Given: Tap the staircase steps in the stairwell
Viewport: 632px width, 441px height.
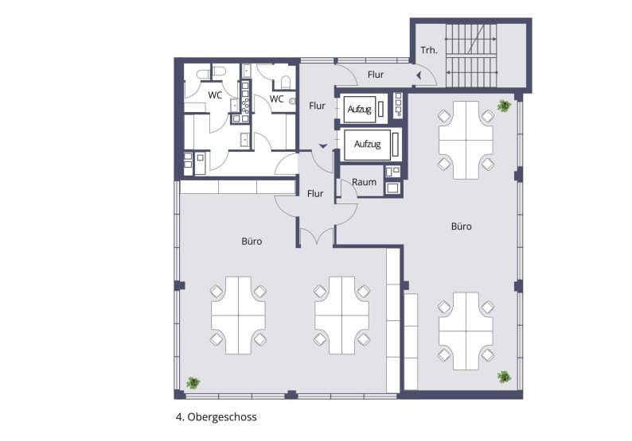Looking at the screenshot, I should tap(474, 54).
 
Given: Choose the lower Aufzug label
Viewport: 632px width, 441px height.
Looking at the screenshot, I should tap(367, 145).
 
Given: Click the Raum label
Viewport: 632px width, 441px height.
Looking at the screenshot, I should tap(364, 182).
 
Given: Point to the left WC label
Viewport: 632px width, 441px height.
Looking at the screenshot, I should tap(215, 95).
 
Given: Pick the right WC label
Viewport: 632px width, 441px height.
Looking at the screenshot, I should tap(276, 99).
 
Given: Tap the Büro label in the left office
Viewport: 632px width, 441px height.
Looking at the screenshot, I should tap(252, 240).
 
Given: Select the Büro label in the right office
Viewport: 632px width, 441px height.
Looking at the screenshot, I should tap(461, 226).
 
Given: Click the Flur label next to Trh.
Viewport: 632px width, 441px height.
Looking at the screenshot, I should tap(376, 75).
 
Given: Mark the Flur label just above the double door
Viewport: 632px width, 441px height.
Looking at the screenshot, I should tap(315, 193).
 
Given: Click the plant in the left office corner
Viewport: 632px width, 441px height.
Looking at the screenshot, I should tap(193, 382).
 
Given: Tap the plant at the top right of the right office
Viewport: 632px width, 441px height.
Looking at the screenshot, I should tap(504, 105).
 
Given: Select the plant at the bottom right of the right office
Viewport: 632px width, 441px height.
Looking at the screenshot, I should tap(504, 376).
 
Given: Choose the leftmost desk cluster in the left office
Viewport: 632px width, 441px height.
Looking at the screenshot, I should tap(237, 315).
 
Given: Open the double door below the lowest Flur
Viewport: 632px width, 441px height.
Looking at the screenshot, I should tap(316, 235).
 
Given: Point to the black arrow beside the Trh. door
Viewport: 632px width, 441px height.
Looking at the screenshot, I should tap(417, 75).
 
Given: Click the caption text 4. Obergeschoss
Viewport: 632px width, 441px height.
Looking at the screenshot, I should tap(217, 416).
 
